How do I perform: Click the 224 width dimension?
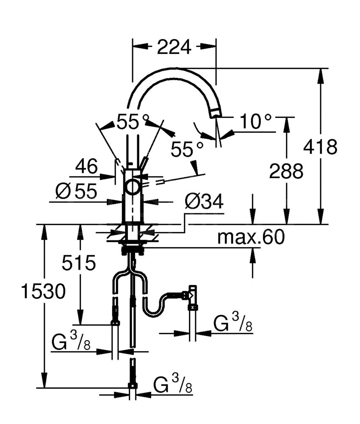click(174, 47)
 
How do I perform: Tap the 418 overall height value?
click(320, 147)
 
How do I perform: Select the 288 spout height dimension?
click(286, 171)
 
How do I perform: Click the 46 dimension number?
click(86, 166)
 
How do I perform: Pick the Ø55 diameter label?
click(76, 191)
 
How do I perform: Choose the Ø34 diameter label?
click(204, 201)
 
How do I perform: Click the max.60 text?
click(251, 237)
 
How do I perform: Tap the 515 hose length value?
click(79, 262)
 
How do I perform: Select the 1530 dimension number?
click(43, 291)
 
